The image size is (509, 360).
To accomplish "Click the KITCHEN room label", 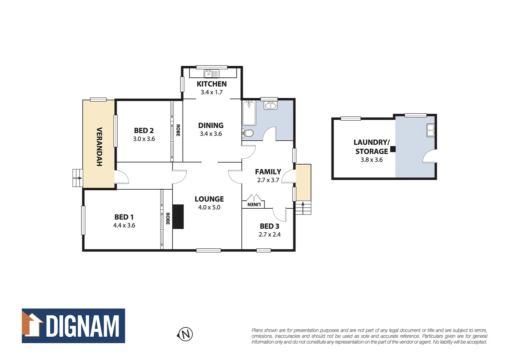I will tap(212, 84).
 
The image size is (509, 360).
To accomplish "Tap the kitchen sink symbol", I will tap(211, 73).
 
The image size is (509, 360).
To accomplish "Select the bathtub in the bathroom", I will tap(249, 113).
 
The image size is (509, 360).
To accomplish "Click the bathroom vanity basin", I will tap(270, 106).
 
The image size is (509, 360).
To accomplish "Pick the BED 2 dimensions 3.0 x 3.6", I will tap(144, 139).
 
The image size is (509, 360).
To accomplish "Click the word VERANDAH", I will tap(99, 147).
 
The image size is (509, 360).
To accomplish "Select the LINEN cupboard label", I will tap(254, 204).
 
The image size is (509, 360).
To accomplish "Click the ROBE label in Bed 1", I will tap(168, 219).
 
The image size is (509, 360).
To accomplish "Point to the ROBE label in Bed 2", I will tap(178, 130).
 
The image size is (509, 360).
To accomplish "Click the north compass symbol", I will tap(185, 334).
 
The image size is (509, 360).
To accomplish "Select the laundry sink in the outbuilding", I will tap(430, 130).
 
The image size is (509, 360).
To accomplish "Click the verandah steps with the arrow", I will tap(77, 178).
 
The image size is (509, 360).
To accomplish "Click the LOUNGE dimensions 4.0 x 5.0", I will tap(209, 207).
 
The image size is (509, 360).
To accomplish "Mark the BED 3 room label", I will tap(269, 226).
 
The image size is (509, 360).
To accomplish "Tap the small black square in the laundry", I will tap(393, 149).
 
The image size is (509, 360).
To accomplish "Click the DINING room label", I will tap(211, 126).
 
